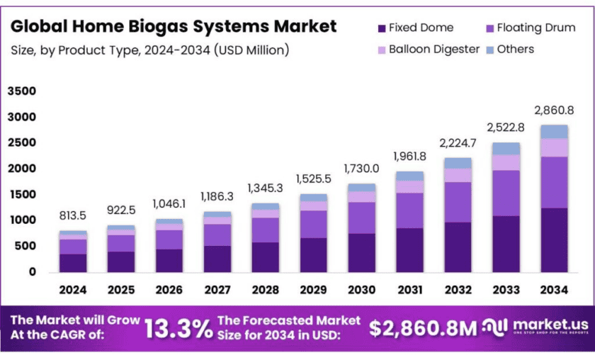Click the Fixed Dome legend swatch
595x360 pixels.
click(x=382, y=28)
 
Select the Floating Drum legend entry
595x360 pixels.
click(x=528, y=28)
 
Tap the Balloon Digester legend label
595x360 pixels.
click(x=433, y=50)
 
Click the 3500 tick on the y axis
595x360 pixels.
click(x=22, y=91)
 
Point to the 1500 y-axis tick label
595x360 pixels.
click(x=22, y=195)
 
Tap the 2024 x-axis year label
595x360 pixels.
click(x=72, y=290)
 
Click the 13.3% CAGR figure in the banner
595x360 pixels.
click(x=178, y=327)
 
